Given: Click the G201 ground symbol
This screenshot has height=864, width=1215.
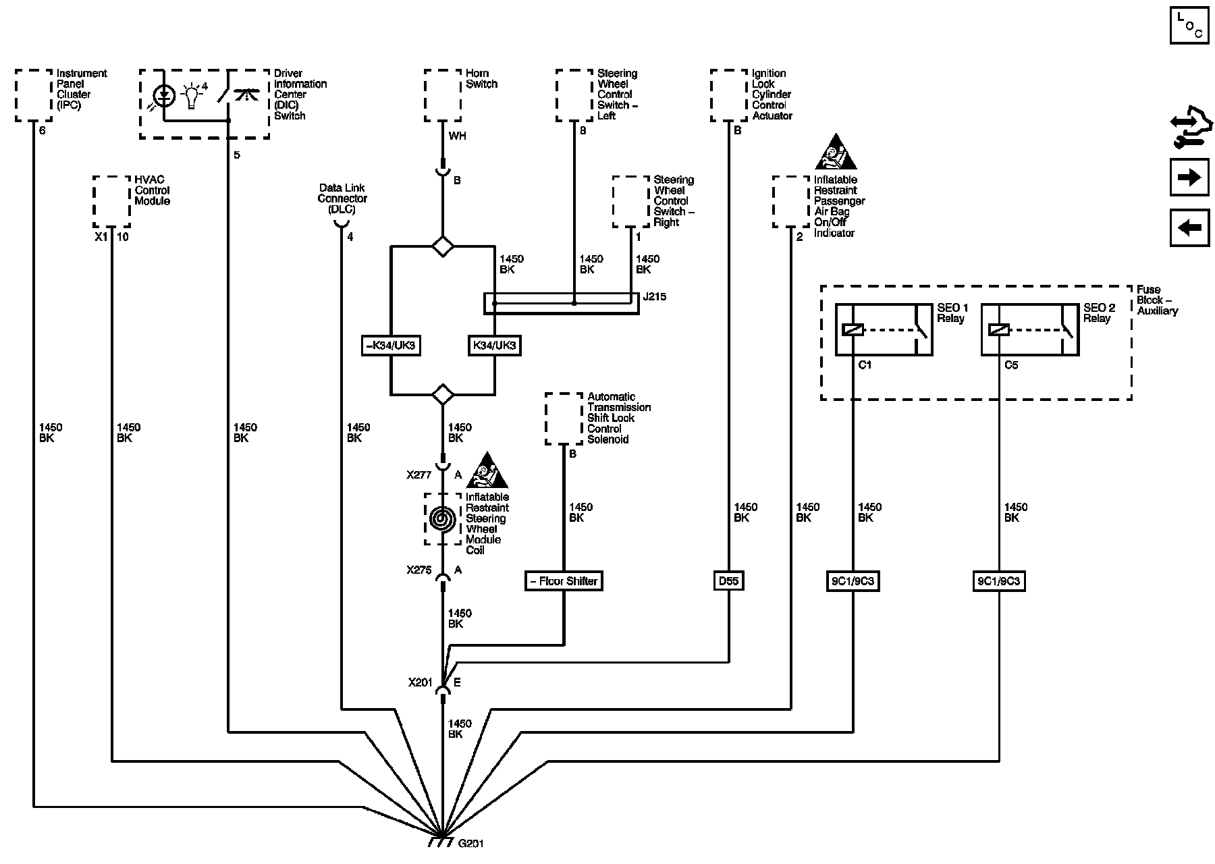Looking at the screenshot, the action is (441, 843).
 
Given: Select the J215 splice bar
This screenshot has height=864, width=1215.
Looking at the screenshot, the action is (561, 303).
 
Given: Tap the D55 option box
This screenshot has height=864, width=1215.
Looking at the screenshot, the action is (729, 581).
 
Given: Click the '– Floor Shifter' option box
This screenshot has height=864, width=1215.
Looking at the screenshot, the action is (564, 581).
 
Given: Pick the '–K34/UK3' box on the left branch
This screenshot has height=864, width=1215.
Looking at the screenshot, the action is (391, 346).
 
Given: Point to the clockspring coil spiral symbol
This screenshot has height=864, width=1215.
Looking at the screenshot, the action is (442, 519).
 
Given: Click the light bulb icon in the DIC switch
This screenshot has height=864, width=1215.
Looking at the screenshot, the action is (193, 96).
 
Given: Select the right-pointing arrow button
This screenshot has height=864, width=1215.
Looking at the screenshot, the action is (1189, 178).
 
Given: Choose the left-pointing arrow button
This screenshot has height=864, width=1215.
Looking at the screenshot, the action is (1189, 227).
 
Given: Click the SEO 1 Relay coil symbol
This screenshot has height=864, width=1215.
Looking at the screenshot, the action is (853, 329).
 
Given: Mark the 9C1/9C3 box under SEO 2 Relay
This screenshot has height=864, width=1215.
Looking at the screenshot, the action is (998, 581).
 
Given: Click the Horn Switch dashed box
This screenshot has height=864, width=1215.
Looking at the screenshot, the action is (443, 96).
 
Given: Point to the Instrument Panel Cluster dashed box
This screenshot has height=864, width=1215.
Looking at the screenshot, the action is (34, 96).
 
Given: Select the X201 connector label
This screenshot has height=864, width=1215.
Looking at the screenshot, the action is (420, 682).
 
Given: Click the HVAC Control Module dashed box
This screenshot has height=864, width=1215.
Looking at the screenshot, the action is (111, 202).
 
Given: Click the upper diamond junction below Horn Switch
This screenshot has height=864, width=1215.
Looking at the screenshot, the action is (442, 246).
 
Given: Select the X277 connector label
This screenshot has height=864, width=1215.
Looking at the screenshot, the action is (418, 475).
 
